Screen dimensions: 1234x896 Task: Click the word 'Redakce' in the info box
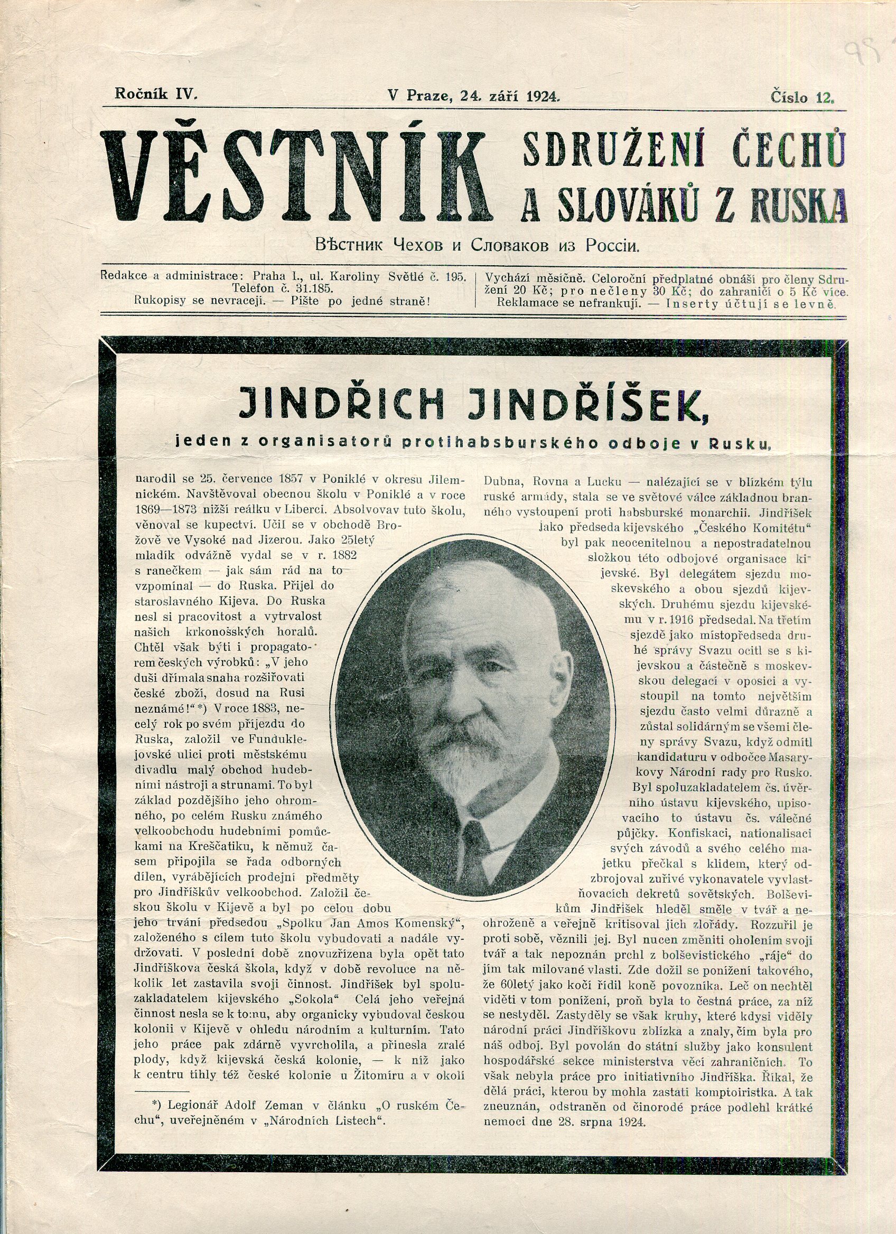click(123, 276)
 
